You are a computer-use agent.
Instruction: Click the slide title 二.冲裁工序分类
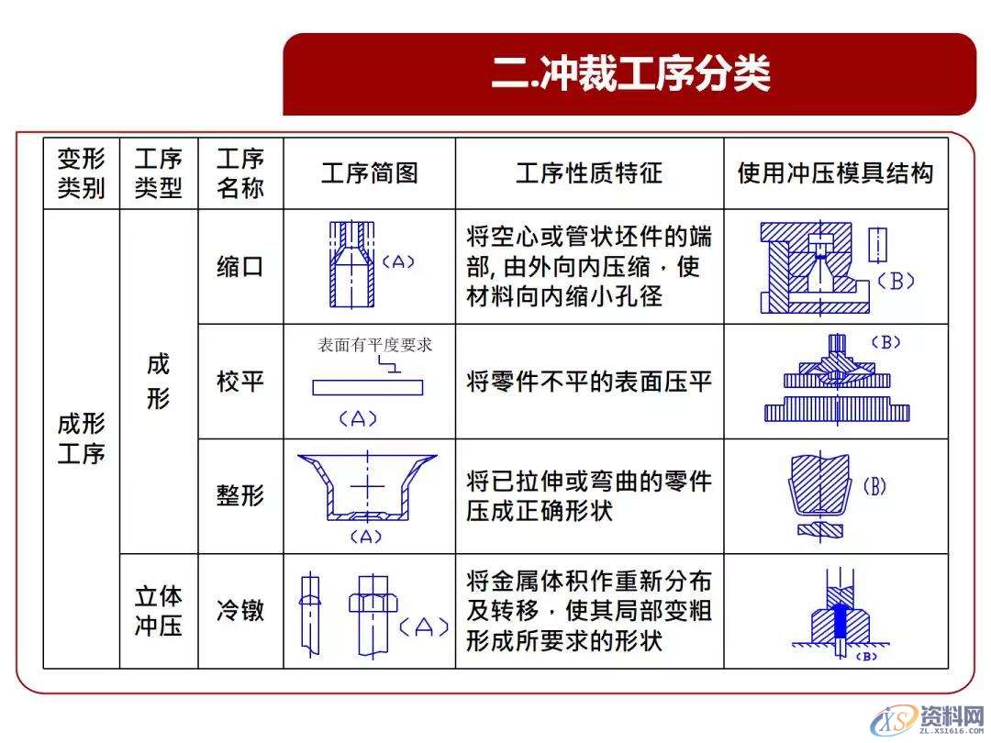(629, 74)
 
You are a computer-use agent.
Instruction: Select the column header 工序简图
(369, 173)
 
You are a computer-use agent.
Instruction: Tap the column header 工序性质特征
(588, 173)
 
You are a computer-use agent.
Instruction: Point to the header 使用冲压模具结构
(835, 173)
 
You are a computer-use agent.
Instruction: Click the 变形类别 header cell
(81, 173)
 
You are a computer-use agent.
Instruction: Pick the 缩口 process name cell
(239, 267)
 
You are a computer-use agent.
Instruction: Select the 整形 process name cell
(239, 496)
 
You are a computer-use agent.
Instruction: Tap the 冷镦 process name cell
(239, 611)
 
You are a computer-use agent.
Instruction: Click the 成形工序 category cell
(81, 438)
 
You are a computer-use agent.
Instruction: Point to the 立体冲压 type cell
(158, 611)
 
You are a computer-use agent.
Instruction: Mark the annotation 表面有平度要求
(374, 346)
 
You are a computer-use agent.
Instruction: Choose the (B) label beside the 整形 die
(874, 486)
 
